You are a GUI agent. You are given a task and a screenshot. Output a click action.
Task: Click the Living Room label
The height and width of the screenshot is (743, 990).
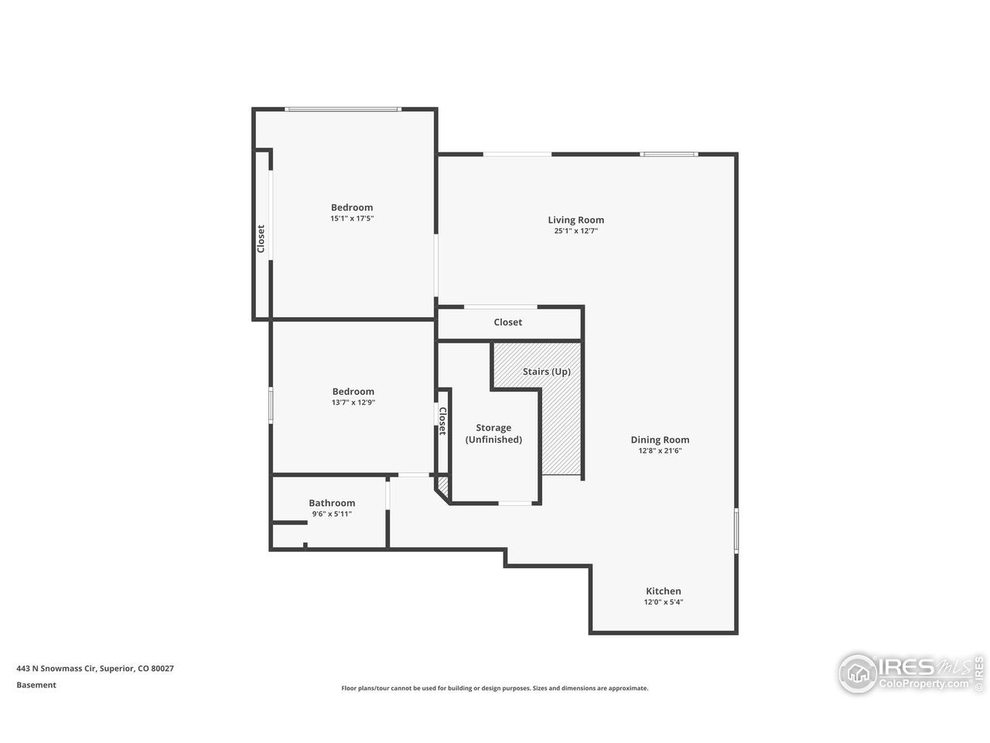pyautogui.click(x=575, y=220)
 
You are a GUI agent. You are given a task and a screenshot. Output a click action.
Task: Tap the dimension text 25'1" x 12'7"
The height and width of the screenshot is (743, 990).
pyautogui.click(x=575, y=231)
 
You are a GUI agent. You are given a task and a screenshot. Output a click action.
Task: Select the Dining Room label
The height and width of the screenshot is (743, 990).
pyautogui.click(x=660, y=440)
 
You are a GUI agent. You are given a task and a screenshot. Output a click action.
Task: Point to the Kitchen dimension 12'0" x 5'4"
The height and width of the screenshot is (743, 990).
pyautogui.click(x=663, y=602)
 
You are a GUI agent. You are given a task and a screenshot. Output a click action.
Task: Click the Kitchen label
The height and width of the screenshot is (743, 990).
pyautogui.click(x=663, y=591)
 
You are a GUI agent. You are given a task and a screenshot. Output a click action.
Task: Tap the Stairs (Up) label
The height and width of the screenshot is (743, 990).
pyautogui.click(x=546, y=371)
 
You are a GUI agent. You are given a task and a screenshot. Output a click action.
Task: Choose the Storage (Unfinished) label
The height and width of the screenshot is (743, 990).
pyautogui.click(x=493, y=433)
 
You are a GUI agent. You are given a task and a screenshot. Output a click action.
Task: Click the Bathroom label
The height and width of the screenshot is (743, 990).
pyautogui.click(x=332, y=503)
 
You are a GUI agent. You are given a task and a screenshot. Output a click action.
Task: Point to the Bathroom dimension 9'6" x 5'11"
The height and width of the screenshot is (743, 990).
pyautogui.click(x=332, y=514)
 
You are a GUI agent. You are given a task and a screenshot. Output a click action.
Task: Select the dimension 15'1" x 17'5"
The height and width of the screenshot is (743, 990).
pyautogui.click(x=352, y=218)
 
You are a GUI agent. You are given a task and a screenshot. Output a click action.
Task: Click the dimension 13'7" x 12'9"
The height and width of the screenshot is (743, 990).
pyautogui.click(x=353, y=402)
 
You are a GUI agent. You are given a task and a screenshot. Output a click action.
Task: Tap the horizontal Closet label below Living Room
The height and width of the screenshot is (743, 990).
pyautogui.click(x=507, y=322)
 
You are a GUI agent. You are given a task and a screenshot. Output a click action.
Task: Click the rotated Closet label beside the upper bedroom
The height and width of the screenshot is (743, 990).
pyautogui.click(x=261, y=238)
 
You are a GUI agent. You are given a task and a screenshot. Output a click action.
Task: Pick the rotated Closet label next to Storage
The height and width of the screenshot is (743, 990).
pyautogui.click(x=443, y=421)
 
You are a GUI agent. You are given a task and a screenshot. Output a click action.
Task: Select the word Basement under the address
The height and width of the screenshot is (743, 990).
pyautogui.click(x=36, y=685)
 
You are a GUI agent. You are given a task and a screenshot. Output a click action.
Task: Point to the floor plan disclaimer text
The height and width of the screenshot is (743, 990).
pyautogui.click(x=495, y=688)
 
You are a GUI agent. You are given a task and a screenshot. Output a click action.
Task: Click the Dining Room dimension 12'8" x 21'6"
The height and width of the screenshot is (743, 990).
pyautogui.click(x=660, y=450)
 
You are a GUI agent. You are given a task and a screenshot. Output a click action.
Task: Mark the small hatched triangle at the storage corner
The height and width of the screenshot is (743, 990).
pyautogui.click(x=443, y=485)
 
